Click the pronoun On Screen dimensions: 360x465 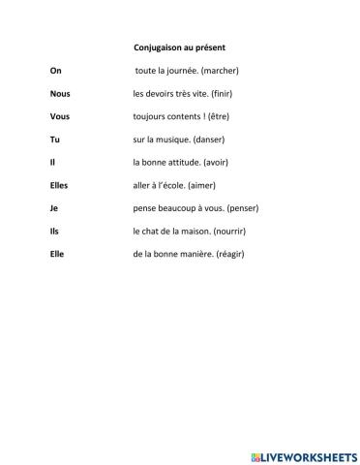pyautogui.click(x=54, y=70)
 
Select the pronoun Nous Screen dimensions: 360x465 pyautogui.click(x=59, y=93)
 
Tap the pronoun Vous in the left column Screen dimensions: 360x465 pyautogui.click(x=59, y=116)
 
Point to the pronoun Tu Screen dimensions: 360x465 pyautogui.click(x=54, y=139)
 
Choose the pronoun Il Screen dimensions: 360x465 pyautogui.click(x=52, y=162)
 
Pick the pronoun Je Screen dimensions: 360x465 pyautogui.click(x=53, y=208)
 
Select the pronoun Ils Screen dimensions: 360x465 pyautogui.click(x=54, y=231)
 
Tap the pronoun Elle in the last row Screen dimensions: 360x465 pyautogui.click(x=57, y=254)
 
